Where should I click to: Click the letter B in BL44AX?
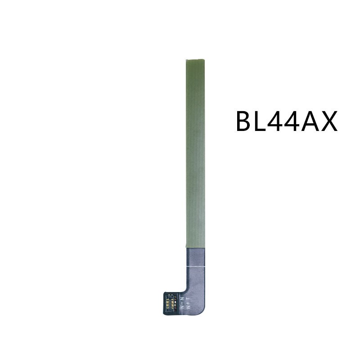246,121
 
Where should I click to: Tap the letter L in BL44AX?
265,121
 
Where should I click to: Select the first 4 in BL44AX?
283,121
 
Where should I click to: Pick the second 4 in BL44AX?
303,121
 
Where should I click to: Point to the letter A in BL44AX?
321,121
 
